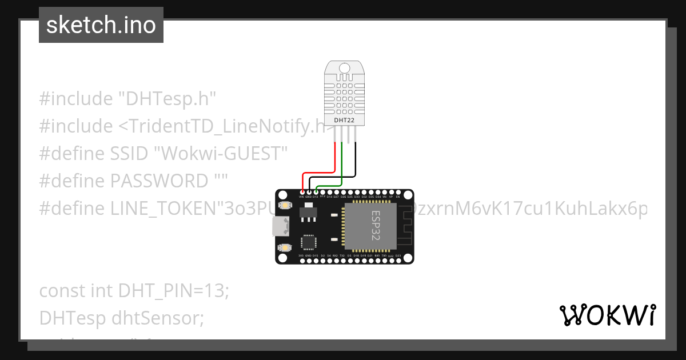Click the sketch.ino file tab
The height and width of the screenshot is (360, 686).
101,25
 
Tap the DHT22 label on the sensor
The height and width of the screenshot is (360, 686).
343,121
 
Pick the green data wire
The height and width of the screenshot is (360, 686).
341,166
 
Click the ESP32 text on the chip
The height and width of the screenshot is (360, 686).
375,226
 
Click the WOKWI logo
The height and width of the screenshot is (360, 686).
607,315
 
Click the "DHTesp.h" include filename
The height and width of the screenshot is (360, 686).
167,99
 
